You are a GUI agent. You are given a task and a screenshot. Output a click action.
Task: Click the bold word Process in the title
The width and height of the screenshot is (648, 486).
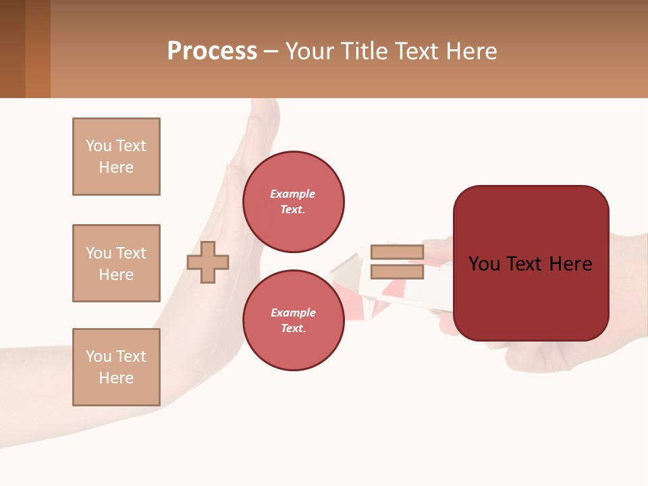212,51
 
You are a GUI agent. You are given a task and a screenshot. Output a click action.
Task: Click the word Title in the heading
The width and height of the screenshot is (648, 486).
364,51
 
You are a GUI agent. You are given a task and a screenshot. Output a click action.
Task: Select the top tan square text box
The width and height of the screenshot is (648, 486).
116,157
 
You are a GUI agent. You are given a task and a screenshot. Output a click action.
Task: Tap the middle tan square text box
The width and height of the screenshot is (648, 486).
116,263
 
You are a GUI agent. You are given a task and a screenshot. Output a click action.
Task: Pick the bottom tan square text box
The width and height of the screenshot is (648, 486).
116,367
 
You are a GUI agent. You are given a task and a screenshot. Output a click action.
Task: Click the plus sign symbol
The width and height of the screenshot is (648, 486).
208,262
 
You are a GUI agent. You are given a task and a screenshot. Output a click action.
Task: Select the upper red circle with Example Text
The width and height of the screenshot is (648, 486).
293,201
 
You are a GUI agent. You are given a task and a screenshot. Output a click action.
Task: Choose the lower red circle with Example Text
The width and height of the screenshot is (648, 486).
293,320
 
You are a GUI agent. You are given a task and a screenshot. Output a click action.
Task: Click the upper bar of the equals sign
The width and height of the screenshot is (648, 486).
397,252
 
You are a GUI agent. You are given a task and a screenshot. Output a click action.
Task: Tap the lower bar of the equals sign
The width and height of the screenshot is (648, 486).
397,272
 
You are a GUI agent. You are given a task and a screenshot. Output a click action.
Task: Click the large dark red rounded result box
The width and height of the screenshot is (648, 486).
531,297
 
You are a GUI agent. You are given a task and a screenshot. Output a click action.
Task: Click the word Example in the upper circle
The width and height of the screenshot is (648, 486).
293,194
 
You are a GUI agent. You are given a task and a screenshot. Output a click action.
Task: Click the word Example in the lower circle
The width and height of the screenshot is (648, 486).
293,313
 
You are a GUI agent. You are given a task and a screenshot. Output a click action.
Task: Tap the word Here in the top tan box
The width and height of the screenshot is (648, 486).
116,167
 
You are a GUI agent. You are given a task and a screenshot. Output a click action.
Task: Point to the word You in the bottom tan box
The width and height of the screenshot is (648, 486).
98,356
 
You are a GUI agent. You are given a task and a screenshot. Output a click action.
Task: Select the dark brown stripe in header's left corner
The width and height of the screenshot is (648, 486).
12,49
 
